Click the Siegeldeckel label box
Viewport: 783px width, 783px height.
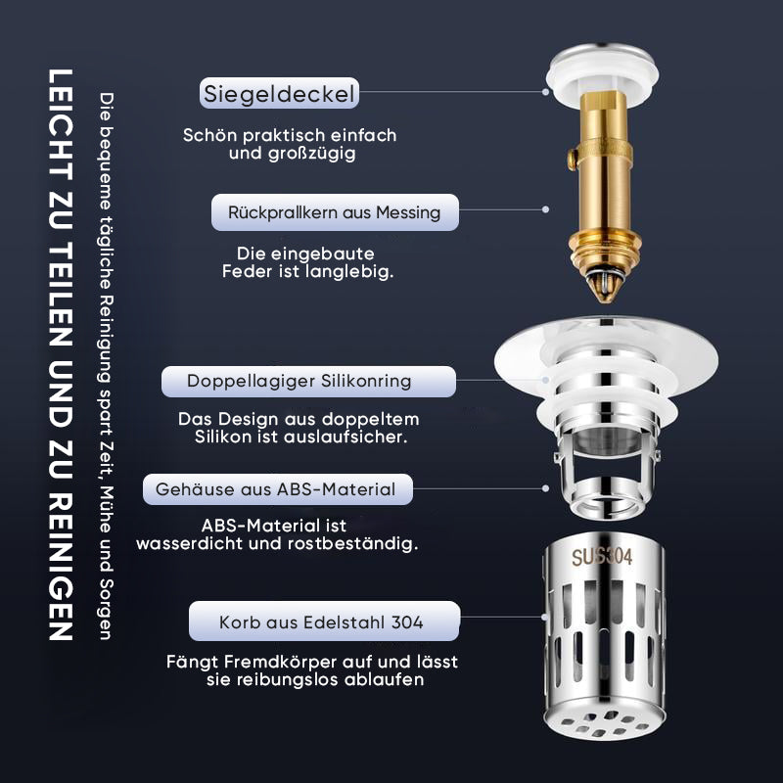(x=279, y=93)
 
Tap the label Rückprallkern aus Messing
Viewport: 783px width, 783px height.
(x=335, y=212)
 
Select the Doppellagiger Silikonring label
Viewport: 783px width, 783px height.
(x=308, y=382)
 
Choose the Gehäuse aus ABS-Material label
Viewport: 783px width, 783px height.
(x=278, y=489)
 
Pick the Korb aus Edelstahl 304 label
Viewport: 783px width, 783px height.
(x=324, y=622)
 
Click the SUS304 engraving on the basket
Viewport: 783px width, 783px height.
(x=602, y=556)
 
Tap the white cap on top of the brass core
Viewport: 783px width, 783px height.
(x=602, y=74)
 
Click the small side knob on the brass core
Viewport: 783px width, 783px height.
(x=572, y=159)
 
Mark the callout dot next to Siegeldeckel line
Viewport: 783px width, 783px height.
(x=545, y=92)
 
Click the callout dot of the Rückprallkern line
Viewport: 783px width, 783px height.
(x=545, y=209)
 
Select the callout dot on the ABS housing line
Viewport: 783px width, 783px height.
(x=545, y=488)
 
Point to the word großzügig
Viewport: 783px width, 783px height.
(x=312, y=154)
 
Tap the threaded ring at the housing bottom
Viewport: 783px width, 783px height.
(x=606, y=500)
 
